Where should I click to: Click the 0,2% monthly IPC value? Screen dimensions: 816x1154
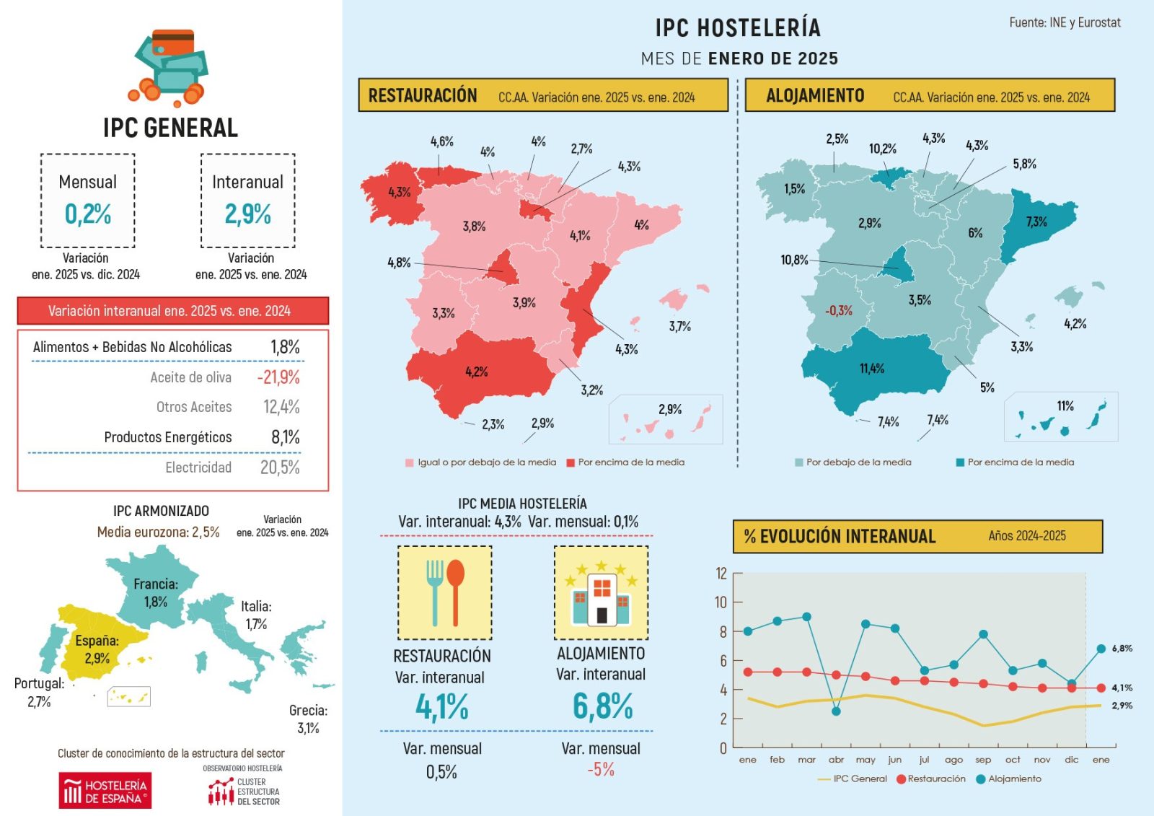click(87, 214)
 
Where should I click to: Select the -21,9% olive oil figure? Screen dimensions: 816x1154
click(278, 377)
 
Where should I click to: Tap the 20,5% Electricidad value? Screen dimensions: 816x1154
click(280, 468)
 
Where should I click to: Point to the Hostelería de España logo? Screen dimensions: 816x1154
click(105, 791)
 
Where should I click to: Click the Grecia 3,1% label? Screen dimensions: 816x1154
click(308, 719)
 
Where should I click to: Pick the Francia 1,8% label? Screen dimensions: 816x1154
click(156, 592)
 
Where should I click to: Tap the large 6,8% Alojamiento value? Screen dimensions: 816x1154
click(602, 706)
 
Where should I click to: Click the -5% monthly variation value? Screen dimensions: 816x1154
click(600, 770)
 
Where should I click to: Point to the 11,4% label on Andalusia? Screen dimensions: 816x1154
click(871, 369)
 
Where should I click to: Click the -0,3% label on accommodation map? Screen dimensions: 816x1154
click(839, 311)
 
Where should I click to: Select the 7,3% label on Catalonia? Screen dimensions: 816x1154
click(1036, 221)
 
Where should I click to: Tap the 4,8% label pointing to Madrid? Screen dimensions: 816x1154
click(399, 263)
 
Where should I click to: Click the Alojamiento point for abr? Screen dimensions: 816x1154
click(836, 711)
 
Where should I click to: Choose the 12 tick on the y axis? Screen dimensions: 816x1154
click(721, 574)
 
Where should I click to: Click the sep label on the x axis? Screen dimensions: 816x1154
click(983, 760)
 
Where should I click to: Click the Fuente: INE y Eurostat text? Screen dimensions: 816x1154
click(1065, 23)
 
